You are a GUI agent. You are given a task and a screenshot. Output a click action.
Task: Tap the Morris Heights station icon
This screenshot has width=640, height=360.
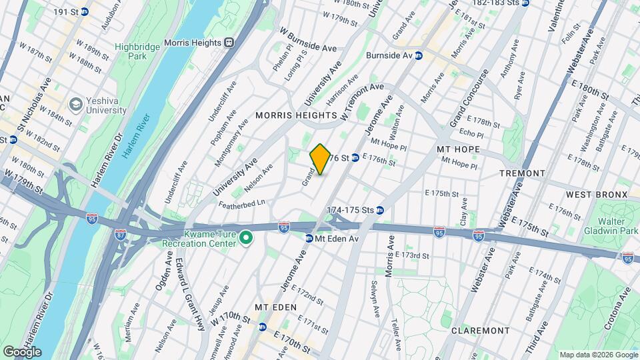click(229, 43)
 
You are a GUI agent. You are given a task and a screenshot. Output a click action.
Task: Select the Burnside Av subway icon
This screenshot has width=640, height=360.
click(419, 56)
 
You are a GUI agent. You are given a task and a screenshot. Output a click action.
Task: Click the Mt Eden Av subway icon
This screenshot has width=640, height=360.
click(309, 238)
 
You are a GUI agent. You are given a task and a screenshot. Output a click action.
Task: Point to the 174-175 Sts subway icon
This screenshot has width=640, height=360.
click(380, 210)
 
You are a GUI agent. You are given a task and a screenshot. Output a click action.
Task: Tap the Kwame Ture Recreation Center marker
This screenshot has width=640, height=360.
click(245, 237)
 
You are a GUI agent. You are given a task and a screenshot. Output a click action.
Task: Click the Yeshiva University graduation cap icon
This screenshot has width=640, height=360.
click(76, 105)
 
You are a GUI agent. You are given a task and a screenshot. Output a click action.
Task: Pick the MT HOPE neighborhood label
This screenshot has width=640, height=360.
click(458, 149)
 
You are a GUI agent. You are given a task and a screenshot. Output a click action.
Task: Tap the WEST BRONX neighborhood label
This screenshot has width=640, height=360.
click(597, 194)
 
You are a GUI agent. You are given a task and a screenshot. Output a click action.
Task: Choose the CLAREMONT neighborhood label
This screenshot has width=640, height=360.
click(480, 331)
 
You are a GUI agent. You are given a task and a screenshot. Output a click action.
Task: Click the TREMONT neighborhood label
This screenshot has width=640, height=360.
click(522, 173)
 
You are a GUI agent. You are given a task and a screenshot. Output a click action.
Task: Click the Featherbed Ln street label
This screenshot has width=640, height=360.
click(243, 201)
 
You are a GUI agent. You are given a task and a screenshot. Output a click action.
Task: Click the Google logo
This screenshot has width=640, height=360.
click(22, 351)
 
